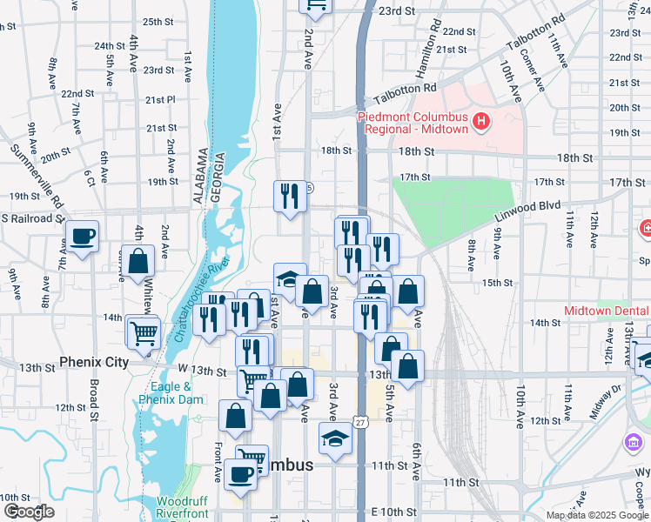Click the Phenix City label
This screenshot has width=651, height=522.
[94, 362]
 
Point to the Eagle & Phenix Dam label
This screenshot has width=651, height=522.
[171, 393]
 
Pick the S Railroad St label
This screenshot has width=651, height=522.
[32, 217]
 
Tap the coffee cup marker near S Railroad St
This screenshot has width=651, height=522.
[82, 237]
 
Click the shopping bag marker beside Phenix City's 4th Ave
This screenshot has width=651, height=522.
[138, 261]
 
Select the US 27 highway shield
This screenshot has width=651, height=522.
[359, 422]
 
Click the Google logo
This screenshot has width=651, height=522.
[29, 511]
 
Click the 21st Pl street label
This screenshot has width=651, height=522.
[160, 100]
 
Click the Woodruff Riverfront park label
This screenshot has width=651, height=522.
[183, 507]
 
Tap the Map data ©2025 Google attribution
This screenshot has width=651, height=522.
[596, 515]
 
